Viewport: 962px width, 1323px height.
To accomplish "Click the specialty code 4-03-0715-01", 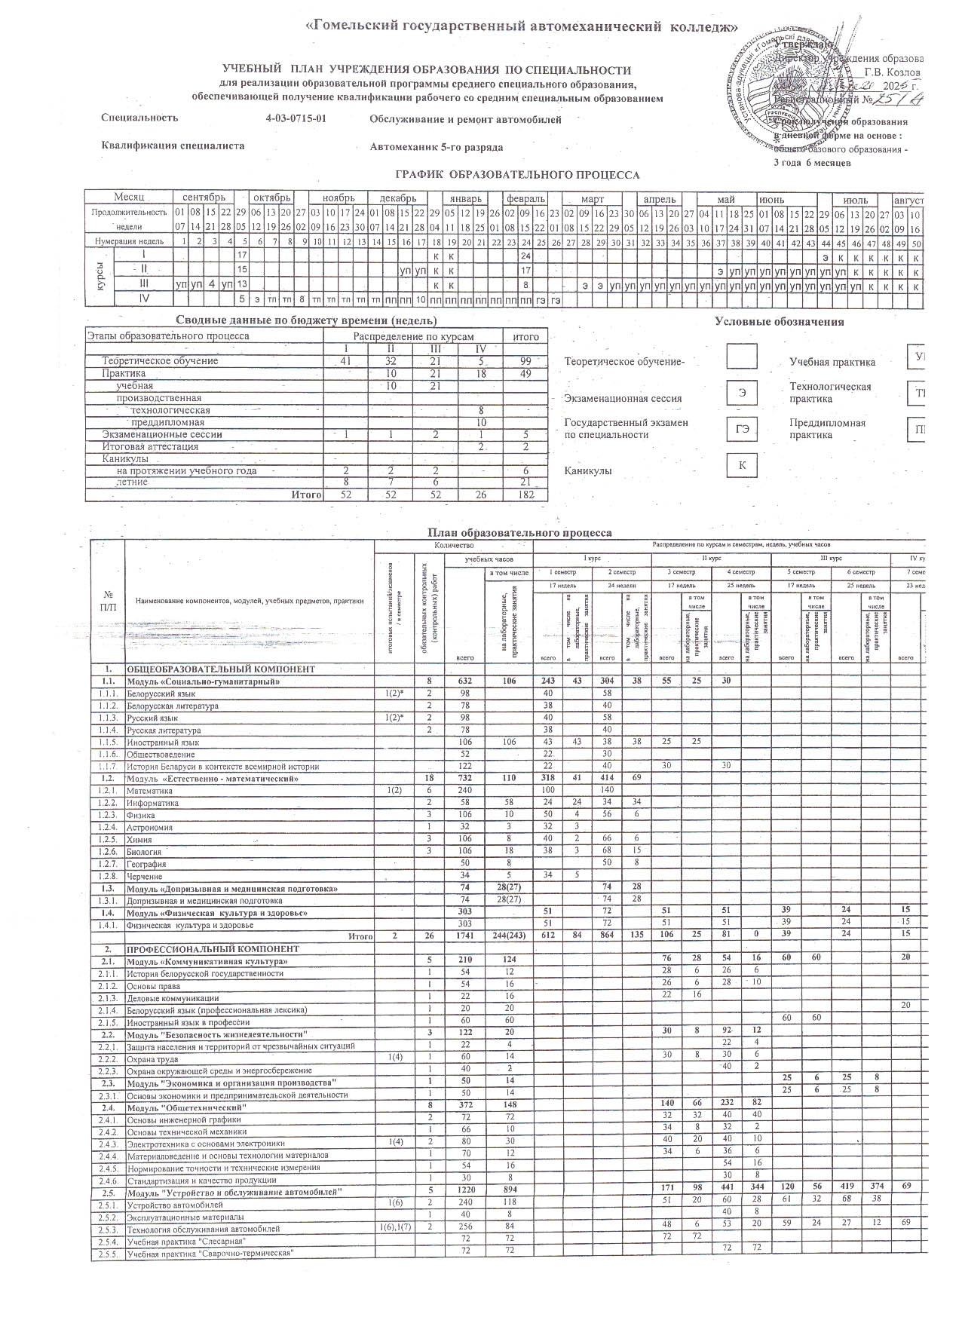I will pos(296,118).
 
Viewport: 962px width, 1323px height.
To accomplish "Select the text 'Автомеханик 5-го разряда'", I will pos(436,147).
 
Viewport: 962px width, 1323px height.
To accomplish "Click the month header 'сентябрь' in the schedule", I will pos(204,199).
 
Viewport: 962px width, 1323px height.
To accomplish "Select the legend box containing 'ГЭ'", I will pos(742,428).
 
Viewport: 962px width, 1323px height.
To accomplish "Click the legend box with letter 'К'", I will pos(742,465).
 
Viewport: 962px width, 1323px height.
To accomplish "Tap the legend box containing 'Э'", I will pos(742,392).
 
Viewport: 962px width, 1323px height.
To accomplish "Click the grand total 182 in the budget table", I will pos(526,495).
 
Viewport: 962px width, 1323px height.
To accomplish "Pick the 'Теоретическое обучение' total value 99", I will pos(526,361).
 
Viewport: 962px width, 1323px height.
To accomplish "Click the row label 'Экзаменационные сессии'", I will pos(162,434).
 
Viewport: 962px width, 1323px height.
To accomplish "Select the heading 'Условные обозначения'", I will pos(779,322).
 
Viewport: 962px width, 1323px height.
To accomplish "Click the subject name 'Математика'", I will pos(149,791).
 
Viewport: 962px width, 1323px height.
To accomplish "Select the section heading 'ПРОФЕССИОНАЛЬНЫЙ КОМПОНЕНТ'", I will pos(213,948).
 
